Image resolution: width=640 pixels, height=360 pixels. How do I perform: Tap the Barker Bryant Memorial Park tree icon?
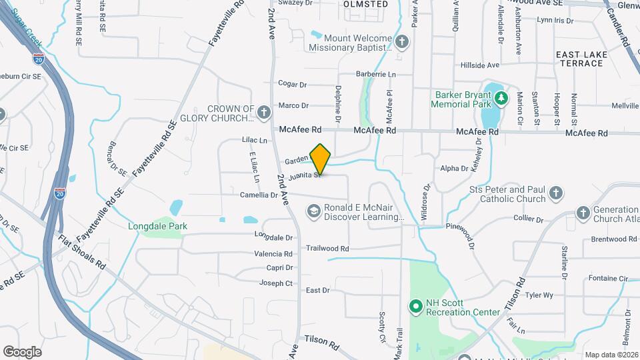[501, 99]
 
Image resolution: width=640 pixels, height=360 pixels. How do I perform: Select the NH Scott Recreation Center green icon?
[416, 306]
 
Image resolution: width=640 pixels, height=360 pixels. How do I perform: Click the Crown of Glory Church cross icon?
[264, 111]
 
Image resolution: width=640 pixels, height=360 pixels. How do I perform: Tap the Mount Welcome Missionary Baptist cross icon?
[401, 42]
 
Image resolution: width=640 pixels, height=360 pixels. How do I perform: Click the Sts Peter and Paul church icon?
[557, 194]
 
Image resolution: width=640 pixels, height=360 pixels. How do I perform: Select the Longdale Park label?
[157, 226]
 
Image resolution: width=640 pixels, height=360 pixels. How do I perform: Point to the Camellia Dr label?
[259, 195]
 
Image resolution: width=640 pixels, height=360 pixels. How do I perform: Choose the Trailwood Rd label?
[327, 249]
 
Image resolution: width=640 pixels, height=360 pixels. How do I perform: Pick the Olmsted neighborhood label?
[365, 4]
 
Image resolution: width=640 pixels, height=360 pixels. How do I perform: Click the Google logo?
[22, 351]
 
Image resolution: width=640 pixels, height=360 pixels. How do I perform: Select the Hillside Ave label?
[479, 65]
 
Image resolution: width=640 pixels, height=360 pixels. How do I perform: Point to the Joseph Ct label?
[276, 283]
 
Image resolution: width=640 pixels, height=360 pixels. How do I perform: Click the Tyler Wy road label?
[539, 295]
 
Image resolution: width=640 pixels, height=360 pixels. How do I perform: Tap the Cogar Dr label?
[292, 84]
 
